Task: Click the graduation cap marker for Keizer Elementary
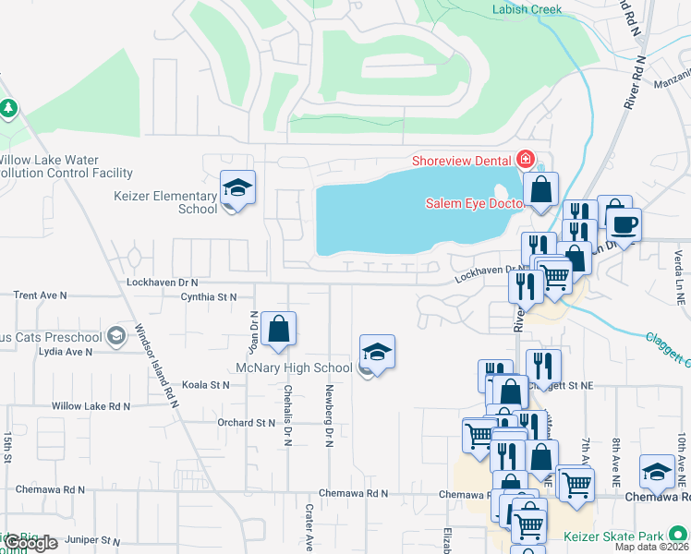pyautogui.click(x=237, y=189)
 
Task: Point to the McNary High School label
pyautogui.click(x=296, y=368)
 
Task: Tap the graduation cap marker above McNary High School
pyautogui.click(x=377, y=353)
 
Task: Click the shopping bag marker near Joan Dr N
pyautogui.click(x=278, y=329)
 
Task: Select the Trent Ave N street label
pyautogui.click(x=40, y=295)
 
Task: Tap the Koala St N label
pyautogui.click(x=205, y=384)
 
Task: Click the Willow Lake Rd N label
pyautogui.click(x=91, y=405)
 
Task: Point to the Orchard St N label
pyautogui.click(x=247, y=423)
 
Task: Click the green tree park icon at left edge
pyautogui.click(x=8, y=109)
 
